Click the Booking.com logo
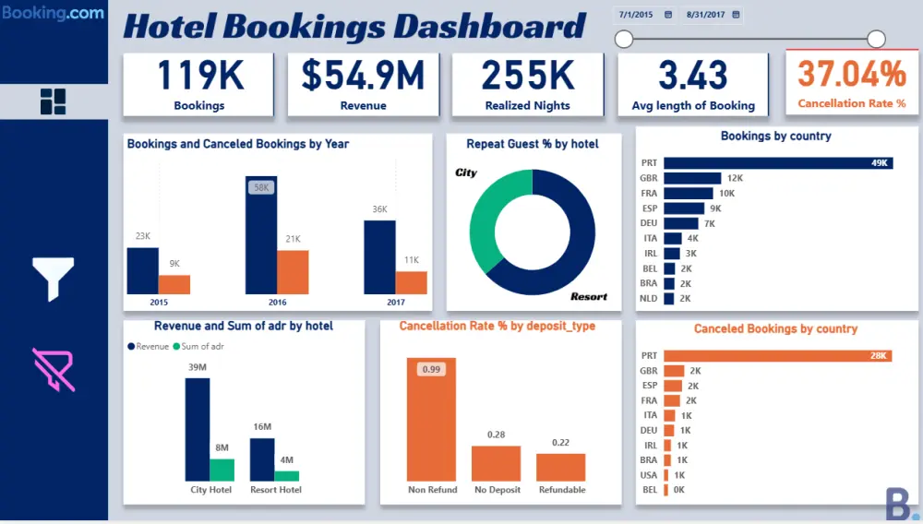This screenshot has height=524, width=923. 53,15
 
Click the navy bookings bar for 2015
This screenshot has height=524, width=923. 142,270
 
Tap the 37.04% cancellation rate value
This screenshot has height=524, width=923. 852,74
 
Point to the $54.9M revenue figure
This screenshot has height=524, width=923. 363,76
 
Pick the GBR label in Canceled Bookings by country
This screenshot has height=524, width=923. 649,371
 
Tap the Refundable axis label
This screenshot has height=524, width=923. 561,490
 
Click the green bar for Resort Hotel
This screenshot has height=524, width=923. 287,476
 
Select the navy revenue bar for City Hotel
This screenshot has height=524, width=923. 198,429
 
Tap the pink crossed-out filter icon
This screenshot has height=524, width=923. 54,369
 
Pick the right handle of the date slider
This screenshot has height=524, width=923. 877,39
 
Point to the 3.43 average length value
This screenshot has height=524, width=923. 693,76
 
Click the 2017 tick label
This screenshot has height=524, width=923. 396,302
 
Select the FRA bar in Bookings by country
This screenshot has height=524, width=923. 688,193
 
